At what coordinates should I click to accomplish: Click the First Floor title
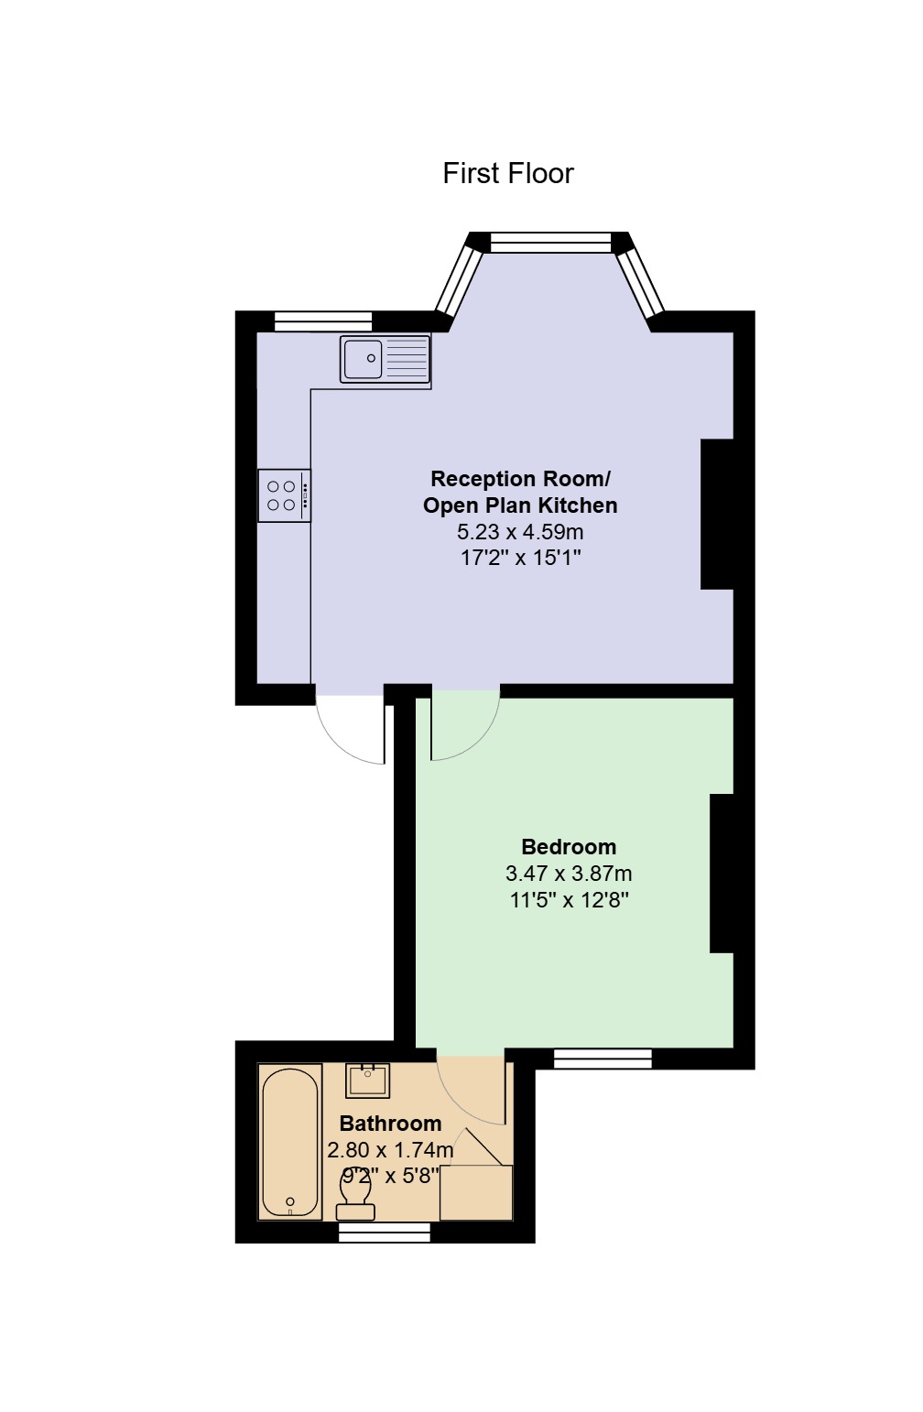(507, 173)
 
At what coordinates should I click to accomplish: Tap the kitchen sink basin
(363, 359)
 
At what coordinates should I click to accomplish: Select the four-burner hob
(285, 495)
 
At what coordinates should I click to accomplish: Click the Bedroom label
(569, 847)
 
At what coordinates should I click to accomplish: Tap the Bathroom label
(390, 1124)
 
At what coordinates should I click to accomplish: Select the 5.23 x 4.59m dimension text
(520, 532)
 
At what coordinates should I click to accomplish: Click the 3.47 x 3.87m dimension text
(569, 874)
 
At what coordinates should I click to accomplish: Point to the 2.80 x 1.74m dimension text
(390, 1150)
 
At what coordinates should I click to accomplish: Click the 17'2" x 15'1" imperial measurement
(520, 559)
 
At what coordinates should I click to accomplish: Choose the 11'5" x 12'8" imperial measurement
(569, 900)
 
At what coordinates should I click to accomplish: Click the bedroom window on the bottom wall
(603, 1059)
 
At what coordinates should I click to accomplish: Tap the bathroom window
(385, 1233)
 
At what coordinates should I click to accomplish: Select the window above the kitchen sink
(323, 321)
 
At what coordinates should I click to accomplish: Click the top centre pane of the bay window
(550, 243)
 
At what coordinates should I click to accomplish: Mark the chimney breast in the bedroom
(722, 873)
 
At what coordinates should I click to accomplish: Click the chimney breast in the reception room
(718, 515)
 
